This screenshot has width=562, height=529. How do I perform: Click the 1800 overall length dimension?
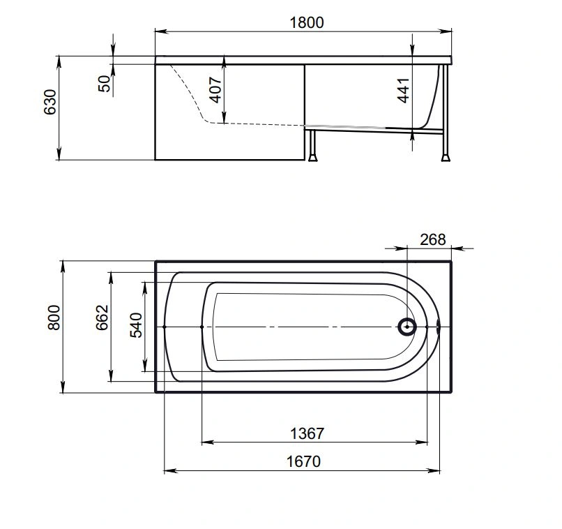tap(306, 22)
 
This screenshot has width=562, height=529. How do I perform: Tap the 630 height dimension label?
tap(50, 102)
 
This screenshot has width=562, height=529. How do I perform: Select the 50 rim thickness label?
tap(105, 84)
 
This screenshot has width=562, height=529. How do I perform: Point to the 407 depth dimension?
tap(215, 89)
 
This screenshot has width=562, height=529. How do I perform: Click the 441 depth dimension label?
tap(403, 91)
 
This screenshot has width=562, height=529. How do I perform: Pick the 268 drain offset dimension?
tap(433, 239)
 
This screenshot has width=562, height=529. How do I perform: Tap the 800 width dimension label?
tap(54, 318)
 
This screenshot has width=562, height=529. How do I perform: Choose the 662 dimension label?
tap(102, 318)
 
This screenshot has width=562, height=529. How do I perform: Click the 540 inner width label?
tap(136, 325)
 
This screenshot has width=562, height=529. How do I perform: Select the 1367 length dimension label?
tap(307, 433)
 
